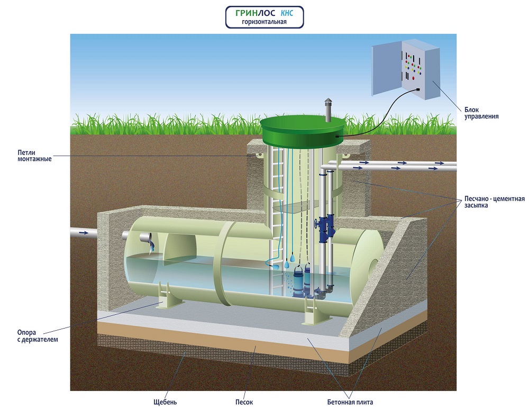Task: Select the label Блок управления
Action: pyautogui.click(x=482, y=112)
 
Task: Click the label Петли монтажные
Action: pyautogui.click(x=35, y=156)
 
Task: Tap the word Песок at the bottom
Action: pyautogui.click(x=244, y=402)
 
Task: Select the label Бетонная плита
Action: pyautogui.click(x=350, y=402)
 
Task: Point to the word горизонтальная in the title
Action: pyautogui.click(x=264, y=22)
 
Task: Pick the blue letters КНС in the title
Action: pyautogui.click(x=286, y=13)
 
